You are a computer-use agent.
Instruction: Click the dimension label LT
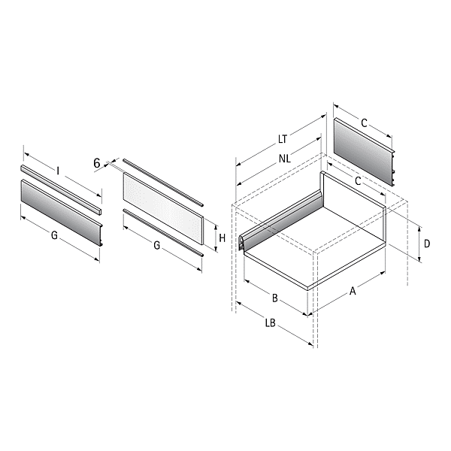283,139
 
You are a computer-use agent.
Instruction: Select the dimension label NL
285,159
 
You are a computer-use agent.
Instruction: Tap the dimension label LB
271,323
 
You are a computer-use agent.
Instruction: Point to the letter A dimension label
353,291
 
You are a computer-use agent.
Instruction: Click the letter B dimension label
275,298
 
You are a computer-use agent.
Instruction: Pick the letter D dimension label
427,244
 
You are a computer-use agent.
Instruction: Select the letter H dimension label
222,238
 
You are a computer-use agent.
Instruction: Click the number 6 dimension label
97,163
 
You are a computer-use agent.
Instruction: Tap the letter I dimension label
58,171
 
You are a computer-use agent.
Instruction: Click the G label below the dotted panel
157,246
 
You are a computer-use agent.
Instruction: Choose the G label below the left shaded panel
54,235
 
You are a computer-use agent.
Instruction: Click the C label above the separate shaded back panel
364,123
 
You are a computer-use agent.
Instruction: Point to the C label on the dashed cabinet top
358,181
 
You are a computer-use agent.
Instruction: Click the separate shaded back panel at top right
364,153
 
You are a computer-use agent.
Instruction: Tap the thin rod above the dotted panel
163,182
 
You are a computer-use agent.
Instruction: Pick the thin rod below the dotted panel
163,233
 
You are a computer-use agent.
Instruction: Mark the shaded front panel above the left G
62,213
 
